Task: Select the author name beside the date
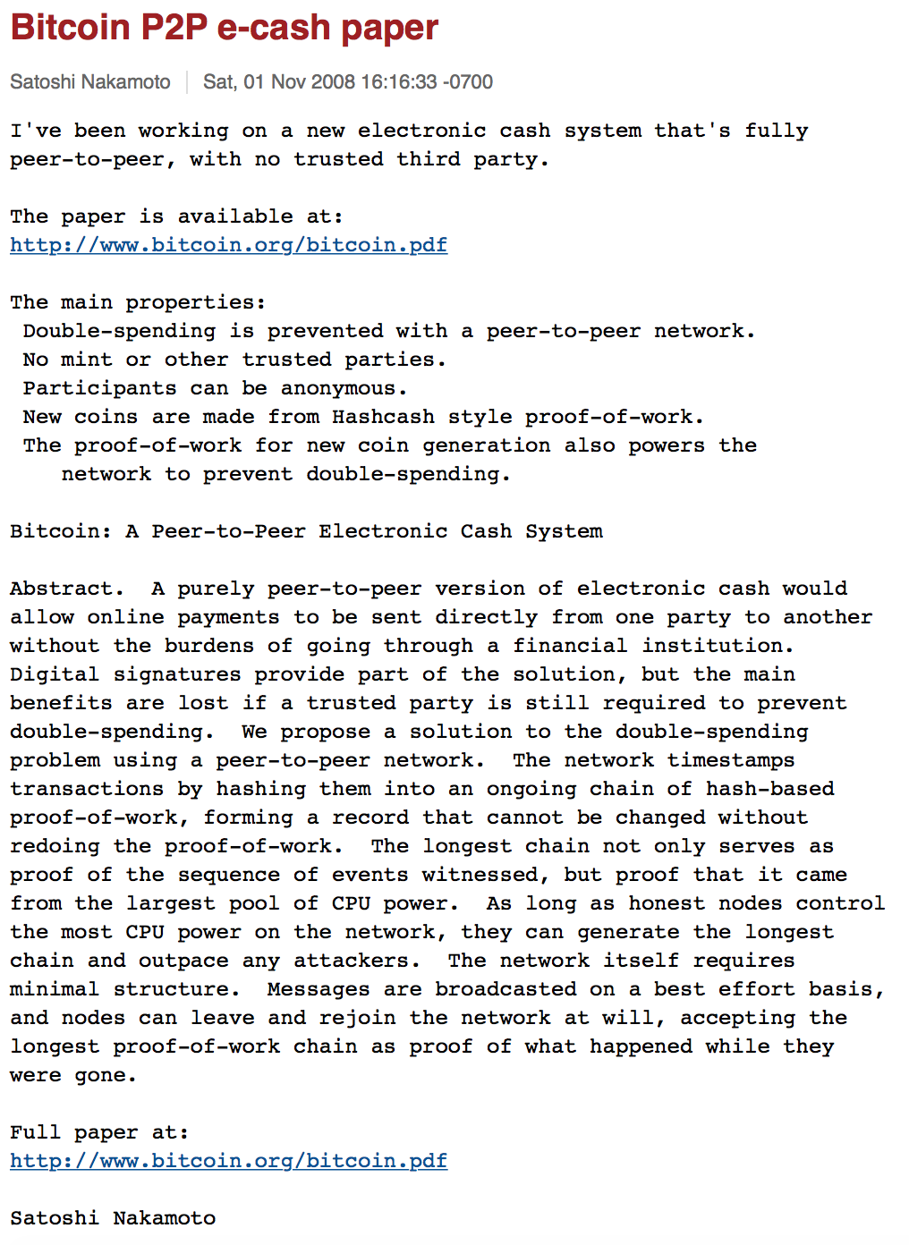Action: tap(90, 82)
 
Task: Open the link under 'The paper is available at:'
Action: tap(228, 245)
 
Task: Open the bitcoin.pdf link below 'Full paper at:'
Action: tap(228, 1161)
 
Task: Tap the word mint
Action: tap(87, 360)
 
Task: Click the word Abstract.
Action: tap(63, 589)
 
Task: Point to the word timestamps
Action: tap(731, 760)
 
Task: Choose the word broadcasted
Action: tap(505, 989)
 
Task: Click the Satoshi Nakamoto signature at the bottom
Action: tap(113, 1218)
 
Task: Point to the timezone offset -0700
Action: tap(467, 82)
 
